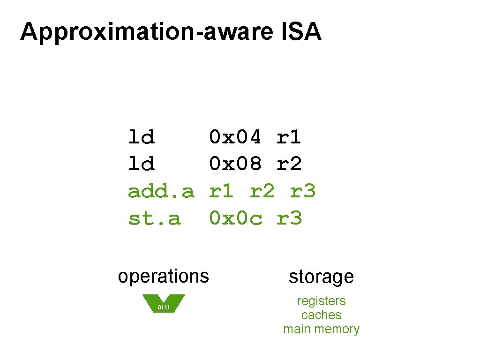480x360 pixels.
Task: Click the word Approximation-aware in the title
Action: [x=146, y=32]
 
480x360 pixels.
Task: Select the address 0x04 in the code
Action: [x=235, y=137]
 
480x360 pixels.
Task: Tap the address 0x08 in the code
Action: [x=235, y=165]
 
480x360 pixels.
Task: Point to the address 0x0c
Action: [x=235, y=218]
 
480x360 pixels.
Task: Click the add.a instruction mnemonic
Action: [x=161, y=191]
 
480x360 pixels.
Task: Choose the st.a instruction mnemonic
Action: [x=154, y=218]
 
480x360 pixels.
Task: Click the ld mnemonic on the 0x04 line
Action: [x=141, y=137]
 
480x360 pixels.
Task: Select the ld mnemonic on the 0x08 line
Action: [x=141, y=165]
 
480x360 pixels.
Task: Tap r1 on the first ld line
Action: [x=289, y=137]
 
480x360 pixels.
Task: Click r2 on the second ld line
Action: [x=289, y=165]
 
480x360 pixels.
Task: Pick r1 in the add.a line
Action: [x=221, y=191]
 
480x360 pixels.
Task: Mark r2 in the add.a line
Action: [x=262, y=191]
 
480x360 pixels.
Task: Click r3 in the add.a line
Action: [x=303, y=191]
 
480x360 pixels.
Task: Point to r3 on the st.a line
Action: [x=289, y=218]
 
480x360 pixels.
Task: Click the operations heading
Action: [x=163, y=276]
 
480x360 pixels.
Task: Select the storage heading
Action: [x=321, y=277]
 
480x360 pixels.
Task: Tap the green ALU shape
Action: [x=163, y=304]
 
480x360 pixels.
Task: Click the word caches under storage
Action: [x=321, y=315]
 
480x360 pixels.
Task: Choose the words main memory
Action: [x=321, y=329]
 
